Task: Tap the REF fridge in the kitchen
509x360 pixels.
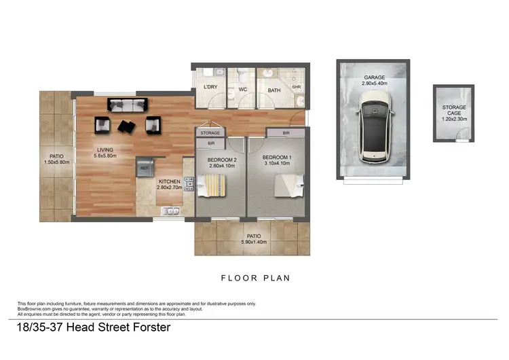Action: pos(145,165)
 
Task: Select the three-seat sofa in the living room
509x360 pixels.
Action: pos(126,105)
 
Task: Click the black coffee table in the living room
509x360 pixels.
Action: pos(126,126)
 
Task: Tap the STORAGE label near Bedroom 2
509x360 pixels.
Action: pos(210,133)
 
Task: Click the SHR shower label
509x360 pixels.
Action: pos(296,87)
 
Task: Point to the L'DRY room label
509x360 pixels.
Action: pos(210,88)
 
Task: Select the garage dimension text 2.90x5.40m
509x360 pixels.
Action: pos(373,85)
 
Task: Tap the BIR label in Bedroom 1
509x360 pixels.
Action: pos(286,133)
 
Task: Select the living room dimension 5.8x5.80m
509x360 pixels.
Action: pos(105,156)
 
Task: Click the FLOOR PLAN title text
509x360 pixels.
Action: pos(254,278)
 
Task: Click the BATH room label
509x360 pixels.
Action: pos(274,90)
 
